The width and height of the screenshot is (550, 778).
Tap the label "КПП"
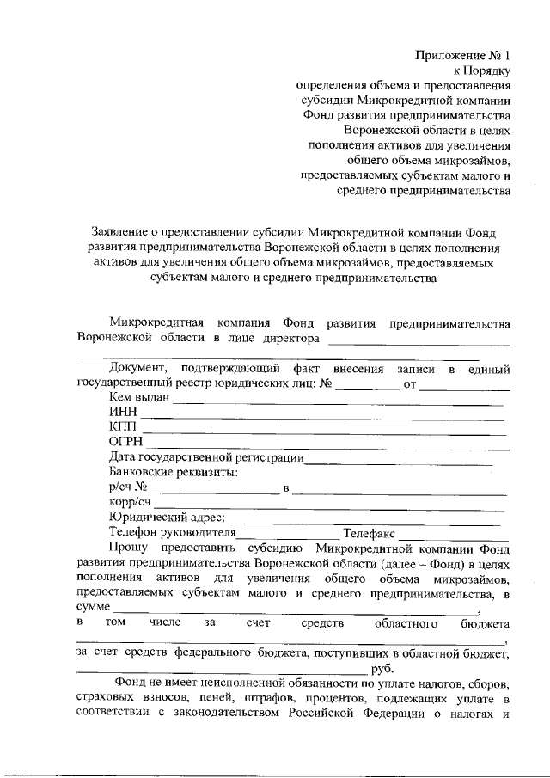click(x=124, y=427)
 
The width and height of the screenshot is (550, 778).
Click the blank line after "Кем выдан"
click(x=344, y=401)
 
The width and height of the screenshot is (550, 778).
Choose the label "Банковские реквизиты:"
click(x=174, y=472)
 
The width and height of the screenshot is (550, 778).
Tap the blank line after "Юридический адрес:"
click(x=365, y=521)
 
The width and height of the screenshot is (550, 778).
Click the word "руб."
click(x=382, y=668)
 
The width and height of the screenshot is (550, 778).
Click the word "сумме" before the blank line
click(x=93, y=608)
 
